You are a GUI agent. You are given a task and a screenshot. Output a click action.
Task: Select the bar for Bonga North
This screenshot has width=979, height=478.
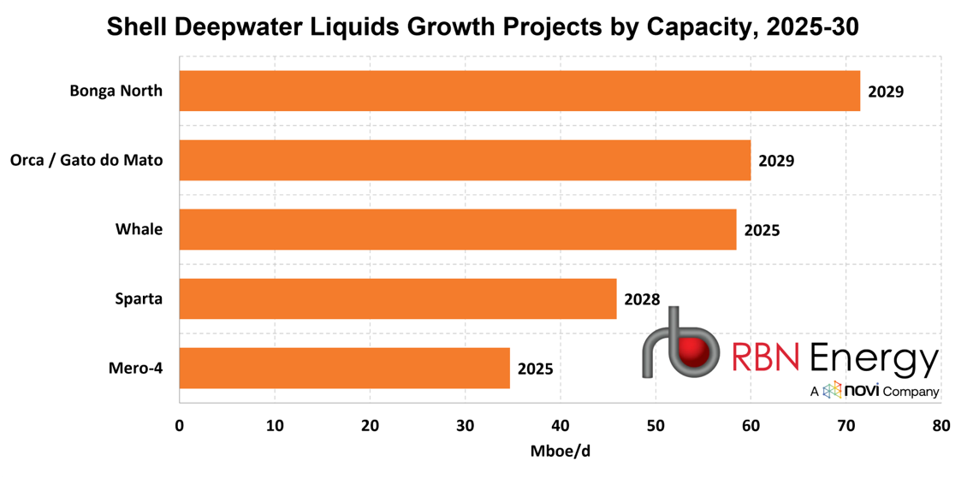tap(519, 91)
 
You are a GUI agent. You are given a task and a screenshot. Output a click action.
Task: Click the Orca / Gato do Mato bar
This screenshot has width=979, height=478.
tap(466, 161)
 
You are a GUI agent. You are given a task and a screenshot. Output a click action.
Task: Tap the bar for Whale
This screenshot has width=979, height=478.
tap(458, 230)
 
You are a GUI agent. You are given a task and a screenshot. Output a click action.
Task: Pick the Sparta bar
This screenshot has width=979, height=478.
tap(398, 299)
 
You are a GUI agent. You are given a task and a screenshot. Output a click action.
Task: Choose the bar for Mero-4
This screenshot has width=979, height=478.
tap(345, 369)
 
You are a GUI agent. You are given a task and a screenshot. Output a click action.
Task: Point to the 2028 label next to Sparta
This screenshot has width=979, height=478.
tap(642, 299)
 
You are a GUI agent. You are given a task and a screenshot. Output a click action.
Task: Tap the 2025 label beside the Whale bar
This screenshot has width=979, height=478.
tap(762, 230)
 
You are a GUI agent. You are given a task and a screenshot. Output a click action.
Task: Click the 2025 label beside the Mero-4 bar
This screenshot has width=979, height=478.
tap(535, 369)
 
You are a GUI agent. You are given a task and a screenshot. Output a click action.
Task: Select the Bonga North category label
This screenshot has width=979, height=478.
tap(116, 91)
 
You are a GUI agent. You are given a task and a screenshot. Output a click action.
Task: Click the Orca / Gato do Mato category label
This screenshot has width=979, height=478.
tap(86, 161)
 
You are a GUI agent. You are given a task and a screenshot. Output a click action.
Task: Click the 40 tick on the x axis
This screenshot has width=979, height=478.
tap(560, 426)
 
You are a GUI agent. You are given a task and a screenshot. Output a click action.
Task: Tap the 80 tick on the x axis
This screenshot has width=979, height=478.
tap(940, 426)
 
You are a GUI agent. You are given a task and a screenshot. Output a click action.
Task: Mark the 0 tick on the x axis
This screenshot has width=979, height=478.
tap(180, 426)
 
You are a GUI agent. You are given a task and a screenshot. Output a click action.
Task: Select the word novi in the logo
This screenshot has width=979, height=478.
tap(858, 391)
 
